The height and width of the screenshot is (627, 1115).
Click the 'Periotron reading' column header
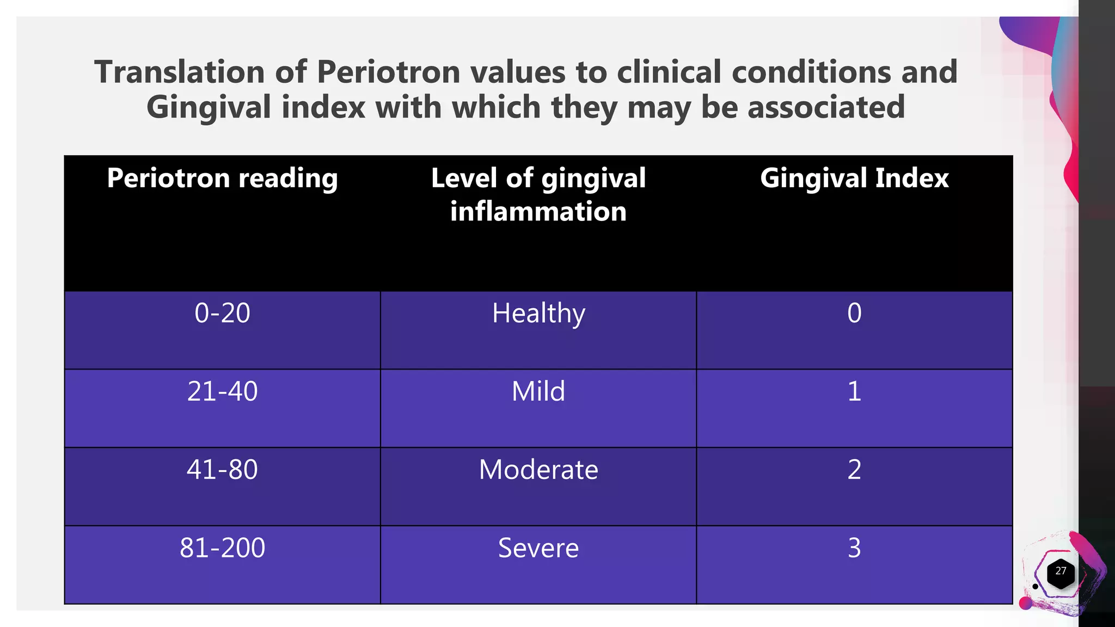coord(222,179)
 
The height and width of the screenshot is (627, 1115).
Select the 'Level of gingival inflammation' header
coord(538,194)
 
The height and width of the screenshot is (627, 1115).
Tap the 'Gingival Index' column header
coord(854,179)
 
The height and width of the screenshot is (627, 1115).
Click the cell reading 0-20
coord(222,313)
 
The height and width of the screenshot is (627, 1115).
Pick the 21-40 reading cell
coord(222,392)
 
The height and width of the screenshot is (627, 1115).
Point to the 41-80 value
coord(222,470)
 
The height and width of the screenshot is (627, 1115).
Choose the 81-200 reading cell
coord(222,548)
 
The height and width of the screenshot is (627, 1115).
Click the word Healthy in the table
coord(538,314)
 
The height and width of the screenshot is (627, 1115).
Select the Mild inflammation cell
coord(538,392)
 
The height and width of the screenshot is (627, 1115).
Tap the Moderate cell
coord(538,470)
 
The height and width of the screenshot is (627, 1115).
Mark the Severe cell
coord(538,548)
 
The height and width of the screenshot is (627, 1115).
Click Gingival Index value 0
coord(854,313)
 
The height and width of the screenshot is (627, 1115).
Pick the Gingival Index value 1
coord(854,392)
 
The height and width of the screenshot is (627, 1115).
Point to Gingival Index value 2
coord(854,470)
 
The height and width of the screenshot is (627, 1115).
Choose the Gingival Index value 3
coord(854,548)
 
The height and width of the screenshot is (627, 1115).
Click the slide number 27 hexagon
coord(1061,573)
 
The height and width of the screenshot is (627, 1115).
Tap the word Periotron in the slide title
coord(388,72)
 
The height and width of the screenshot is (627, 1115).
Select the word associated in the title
coord(826,107)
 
